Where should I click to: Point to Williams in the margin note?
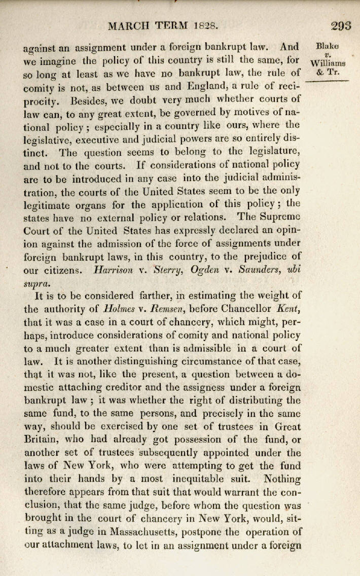tap(328, 63)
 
